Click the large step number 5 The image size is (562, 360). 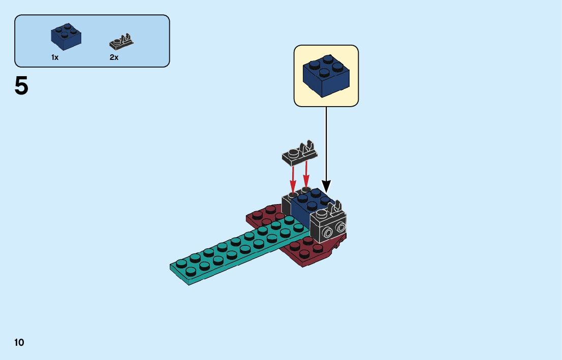[21, 86]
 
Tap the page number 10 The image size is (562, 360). [19, 343]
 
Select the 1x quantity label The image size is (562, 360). [55, 58]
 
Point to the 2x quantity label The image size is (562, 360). [114, 58]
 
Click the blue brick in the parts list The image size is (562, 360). [66, 37]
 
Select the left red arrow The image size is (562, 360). [293, 178]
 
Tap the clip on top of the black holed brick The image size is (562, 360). [334, 208]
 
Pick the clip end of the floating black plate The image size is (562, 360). [308, 148]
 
